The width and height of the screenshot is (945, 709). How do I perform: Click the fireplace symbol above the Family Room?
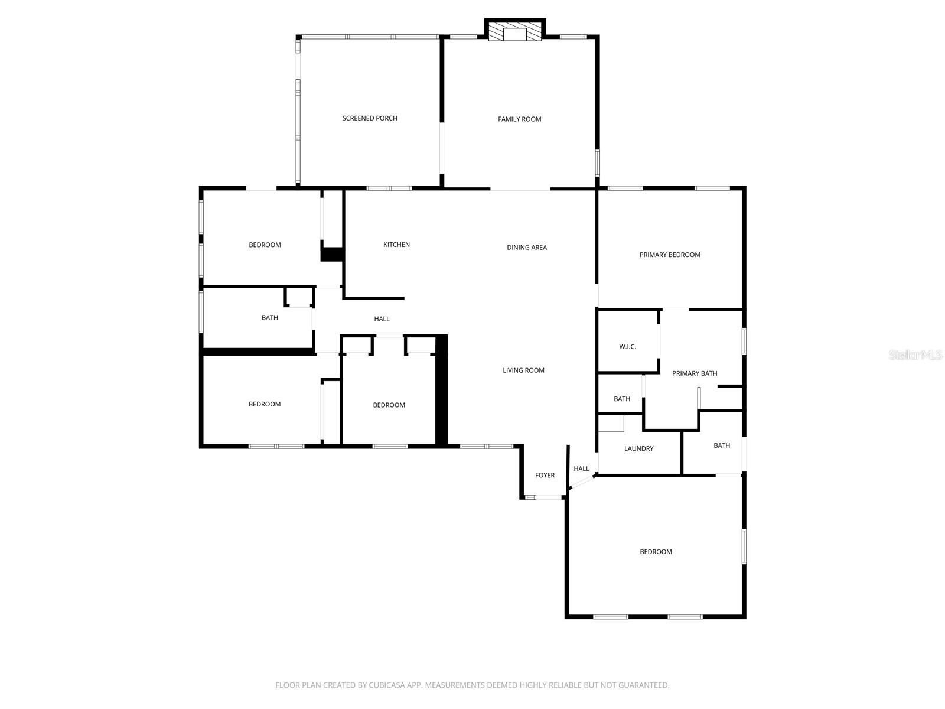tap(514, 33)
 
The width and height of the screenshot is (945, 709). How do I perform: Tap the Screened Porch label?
tap(370, 118)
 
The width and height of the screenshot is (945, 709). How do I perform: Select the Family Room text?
tap(519, 119)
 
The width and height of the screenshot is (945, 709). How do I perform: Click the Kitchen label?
tap(396, 245)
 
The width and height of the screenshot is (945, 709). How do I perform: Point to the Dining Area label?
tap(526, 248)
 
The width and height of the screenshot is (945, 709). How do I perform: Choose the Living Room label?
tap(523, 370)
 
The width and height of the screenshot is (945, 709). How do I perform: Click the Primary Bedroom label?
tap(669, 255)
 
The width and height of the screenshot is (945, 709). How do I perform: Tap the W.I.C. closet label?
tap(627, 347)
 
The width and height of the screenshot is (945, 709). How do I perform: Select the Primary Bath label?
tap(694, 373)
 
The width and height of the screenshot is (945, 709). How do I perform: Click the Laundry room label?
tap(638, 448)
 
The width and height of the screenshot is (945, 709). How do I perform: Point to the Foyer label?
tap(545, 475)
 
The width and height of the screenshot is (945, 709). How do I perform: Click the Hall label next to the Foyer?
tap(581, 469)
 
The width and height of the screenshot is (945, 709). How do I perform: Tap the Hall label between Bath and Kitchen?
tap(382, 319)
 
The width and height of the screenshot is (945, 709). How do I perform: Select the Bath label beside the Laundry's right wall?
tap(721, 445)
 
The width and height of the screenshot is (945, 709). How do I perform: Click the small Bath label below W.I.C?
tap(621, 399)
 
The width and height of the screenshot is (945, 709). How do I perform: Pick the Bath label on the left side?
tap(269, 318)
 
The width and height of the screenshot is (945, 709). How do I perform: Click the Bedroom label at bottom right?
tap(656, 552)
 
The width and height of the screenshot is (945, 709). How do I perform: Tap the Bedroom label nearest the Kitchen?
tap(265, 245)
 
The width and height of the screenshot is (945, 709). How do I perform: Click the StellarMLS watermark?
tap(915, 354)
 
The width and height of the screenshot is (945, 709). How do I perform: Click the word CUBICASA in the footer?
tap(389, 685)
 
